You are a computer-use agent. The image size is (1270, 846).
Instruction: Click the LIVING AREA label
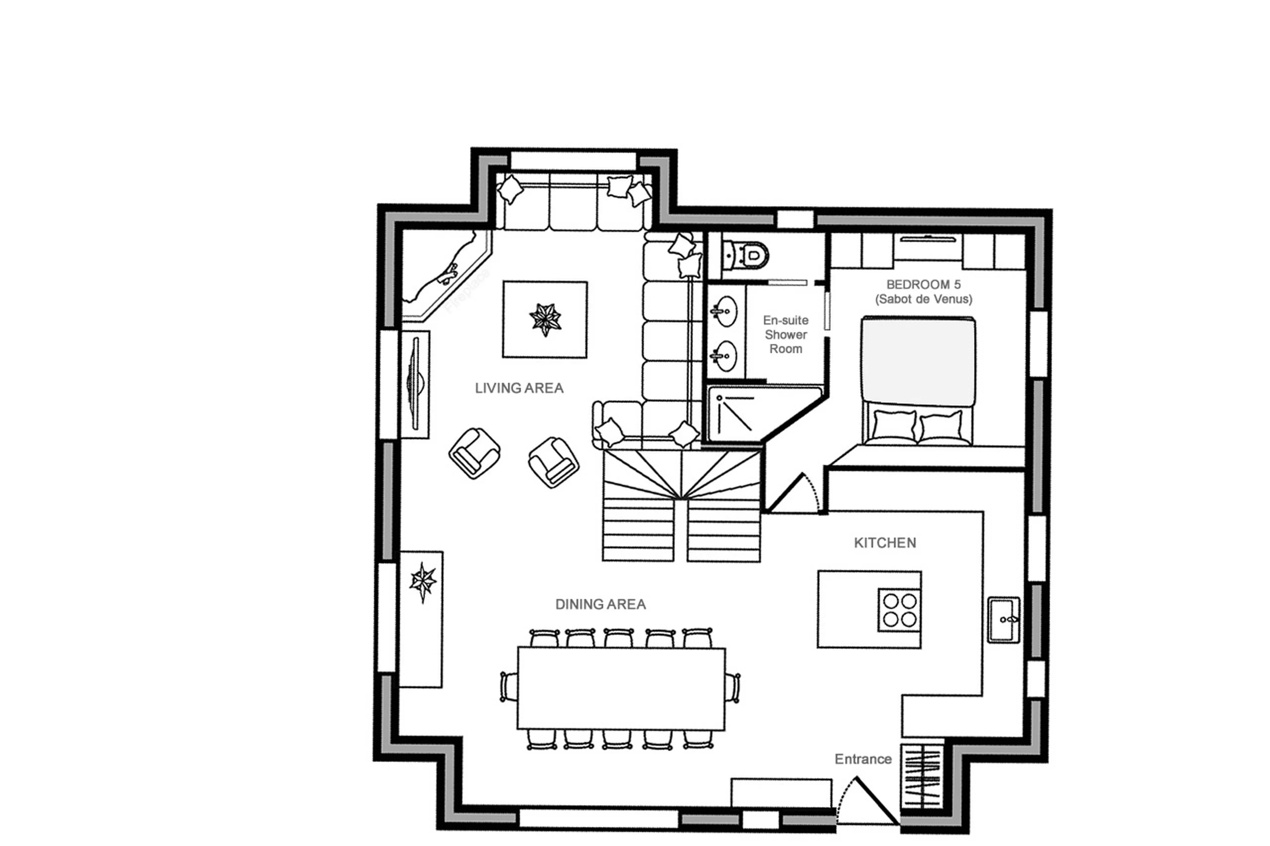pos(519,388)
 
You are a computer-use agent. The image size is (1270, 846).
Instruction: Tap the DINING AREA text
pos(600,604)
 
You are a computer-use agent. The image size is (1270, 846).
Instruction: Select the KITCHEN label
pos(885,543)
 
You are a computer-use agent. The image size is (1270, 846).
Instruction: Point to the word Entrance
pos(863,759)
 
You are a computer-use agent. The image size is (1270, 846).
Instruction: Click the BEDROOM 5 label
pos(923,284)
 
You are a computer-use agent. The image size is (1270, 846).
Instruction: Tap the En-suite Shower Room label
pos(785,335)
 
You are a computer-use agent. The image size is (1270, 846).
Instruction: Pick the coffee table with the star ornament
pos(545,319)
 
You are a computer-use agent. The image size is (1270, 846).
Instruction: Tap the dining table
pos(621,688)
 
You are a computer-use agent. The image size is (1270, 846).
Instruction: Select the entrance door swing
pos(866,801)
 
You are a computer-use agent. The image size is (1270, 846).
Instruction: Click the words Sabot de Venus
pos(923,299)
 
